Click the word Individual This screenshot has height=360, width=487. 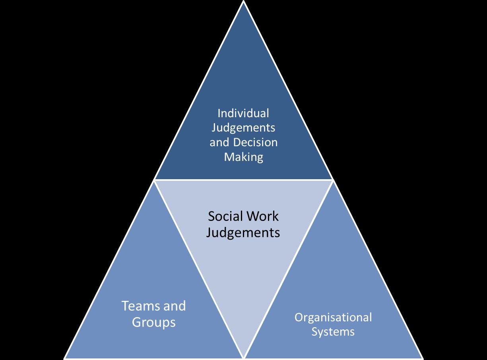point(243,113)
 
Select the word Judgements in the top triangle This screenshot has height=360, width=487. point(243,128)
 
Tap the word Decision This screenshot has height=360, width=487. point(255,142)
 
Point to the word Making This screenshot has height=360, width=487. point(243,157)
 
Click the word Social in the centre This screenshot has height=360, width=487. point(225,216)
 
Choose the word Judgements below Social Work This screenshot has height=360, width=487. point(243,232)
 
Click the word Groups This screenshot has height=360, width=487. point(153,322)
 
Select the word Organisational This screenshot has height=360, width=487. point(333,317)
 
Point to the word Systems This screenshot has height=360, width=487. point(333,331)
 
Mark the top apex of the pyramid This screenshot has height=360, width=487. point(243,2)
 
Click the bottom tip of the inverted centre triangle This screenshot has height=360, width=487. point(243,356)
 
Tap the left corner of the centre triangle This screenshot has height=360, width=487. point(155,180)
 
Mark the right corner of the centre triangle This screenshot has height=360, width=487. point(332,180)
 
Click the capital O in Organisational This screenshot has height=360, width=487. point(299,317)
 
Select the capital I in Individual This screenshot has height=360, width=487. point(219,113)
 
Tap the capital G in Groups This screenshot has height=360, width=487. point(137,322)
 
